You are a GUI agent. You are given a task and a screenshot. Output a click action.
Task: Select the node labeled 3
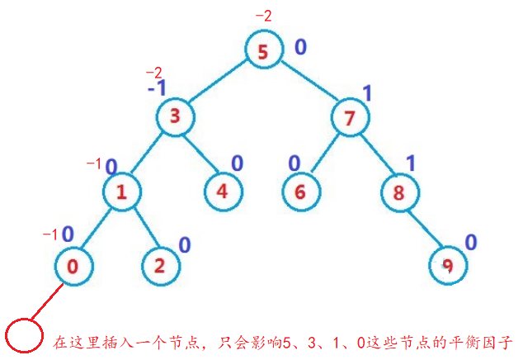coord(174,116)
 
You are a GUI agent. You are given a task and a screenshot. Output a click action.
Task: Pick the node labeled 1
coord(122,193)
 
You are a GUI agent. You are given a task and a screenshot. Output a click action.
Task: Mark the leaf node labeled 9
coord(448,266)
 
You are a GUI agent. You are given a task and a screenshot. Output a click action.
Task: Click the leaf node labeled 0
coord(73,266)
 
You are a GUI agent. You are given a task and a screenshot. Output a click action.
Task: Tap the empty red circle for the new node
coord(23,336)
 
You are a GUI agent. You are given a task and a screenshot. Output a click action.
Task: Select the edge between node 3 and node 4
coord(199,155)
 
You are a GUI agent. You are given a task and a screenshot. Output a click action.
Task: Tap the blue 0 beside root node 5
coord(301,46)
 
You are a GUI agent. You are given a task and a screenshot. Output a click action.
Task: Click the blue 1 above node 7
coord(367,93)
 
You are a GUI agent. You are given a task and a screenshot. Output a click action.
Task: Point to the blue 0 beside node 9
coord(471,243)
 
